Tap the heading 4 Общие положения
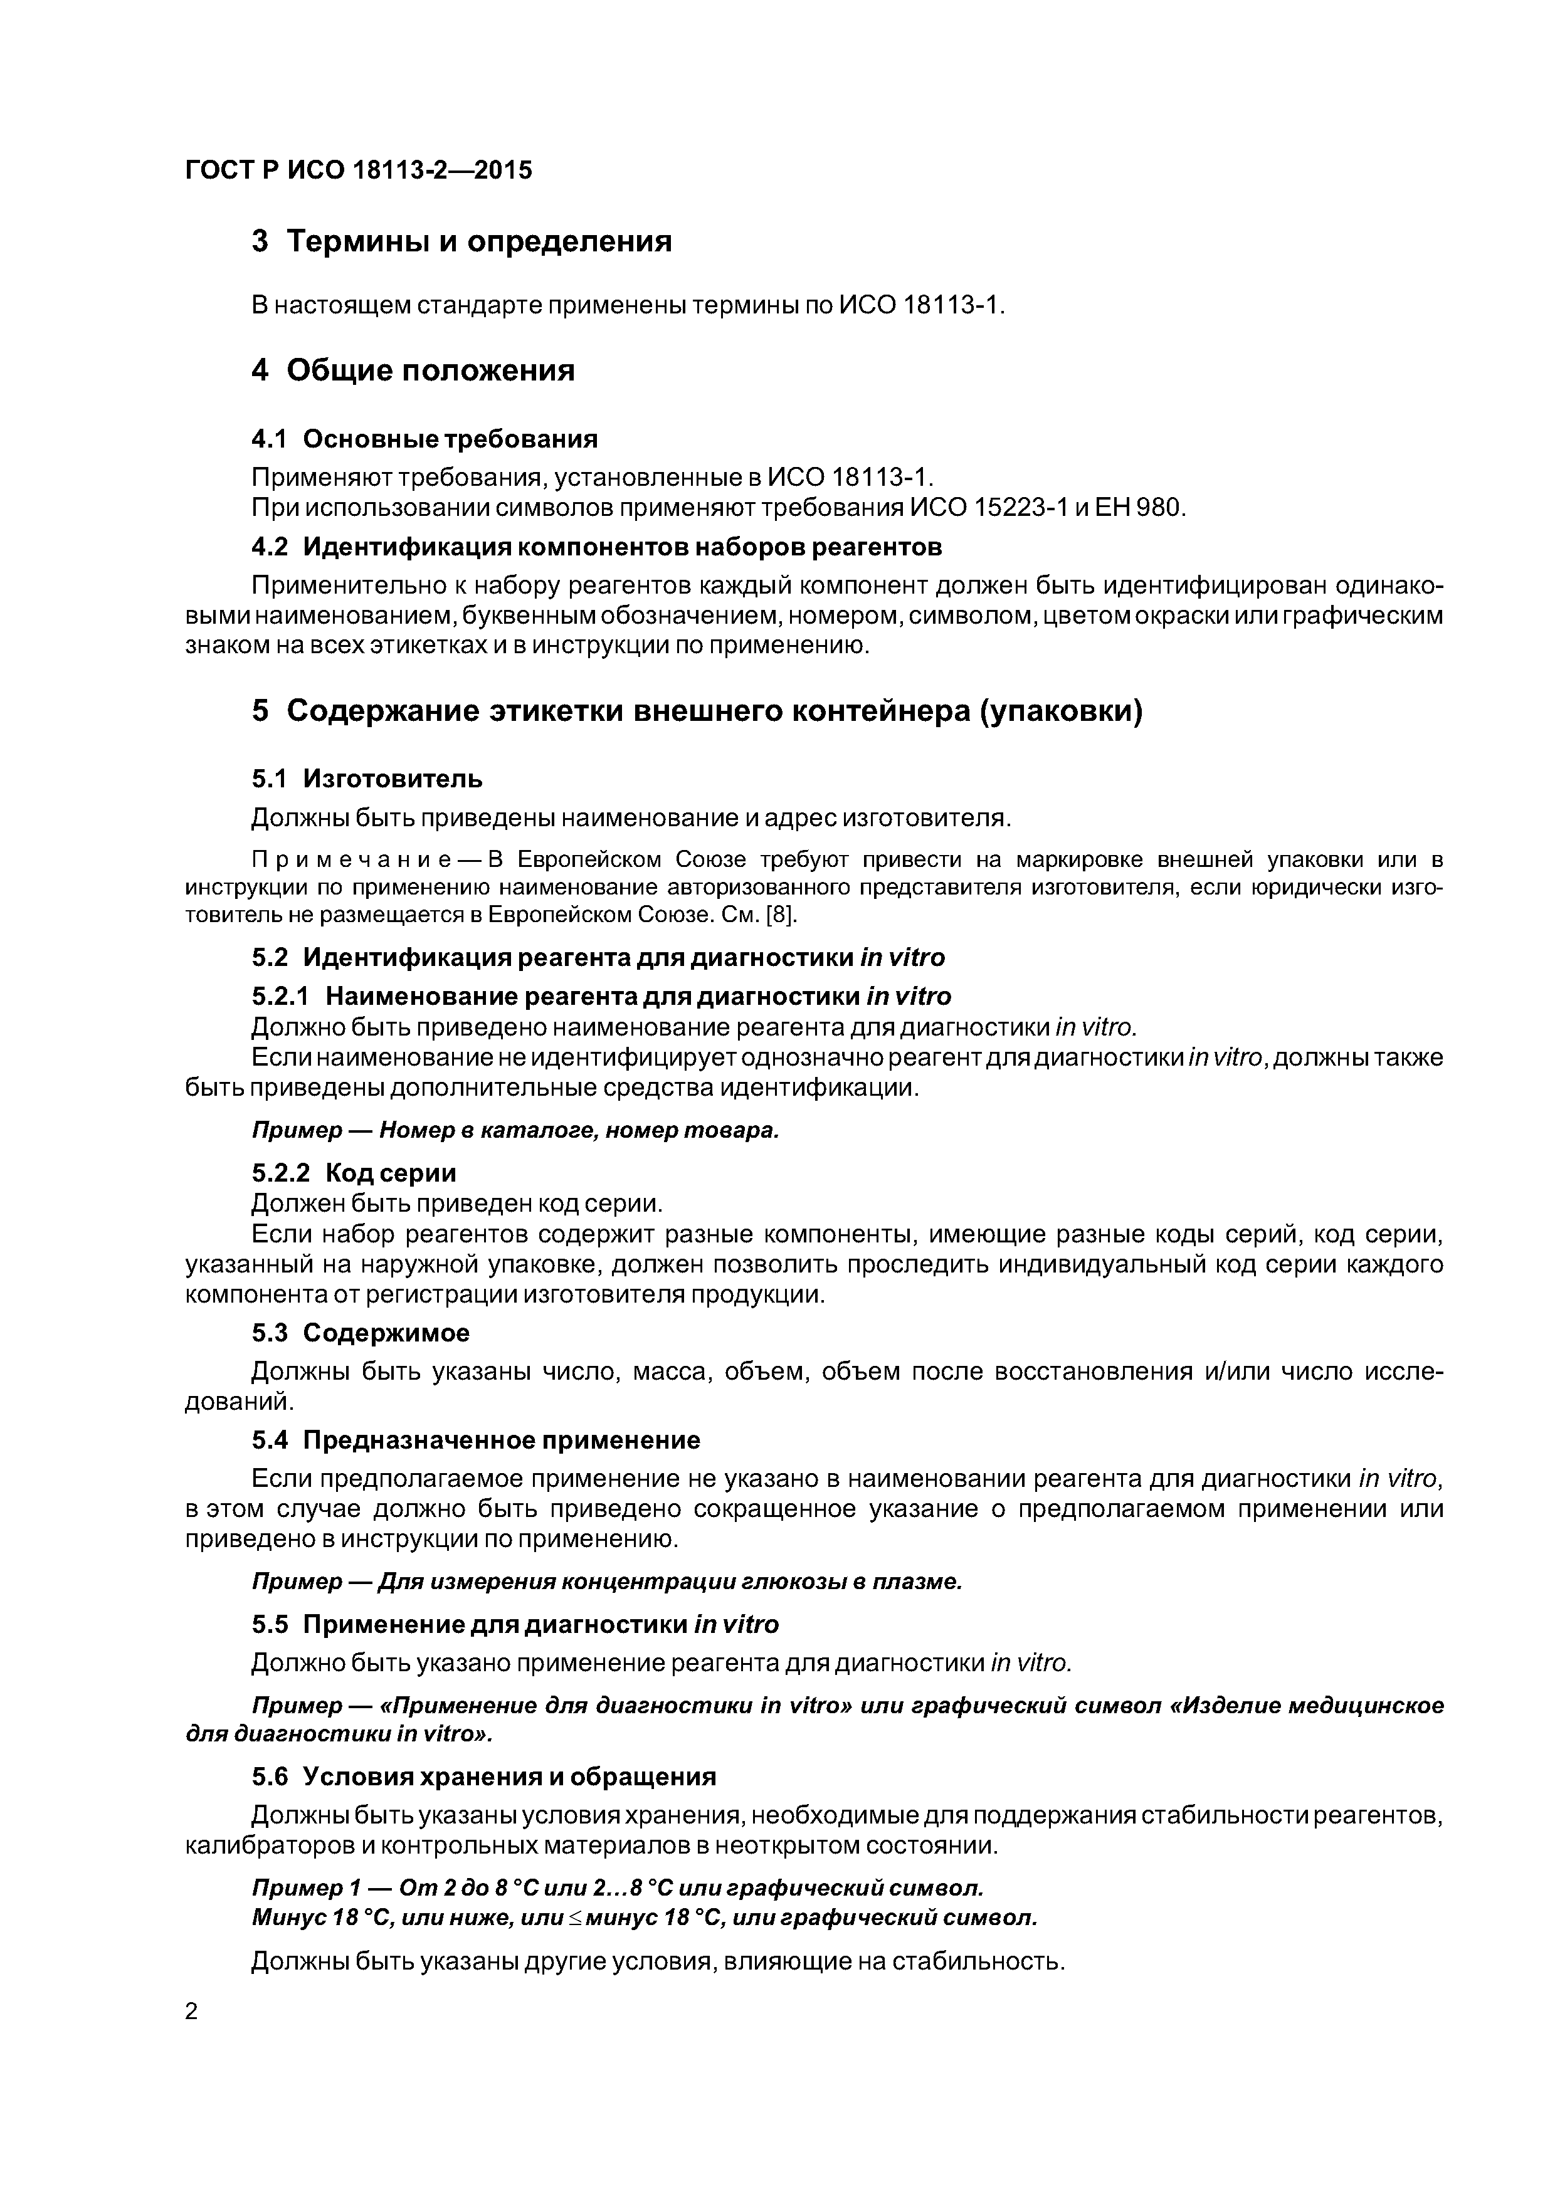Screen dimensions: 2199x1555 click(x=413, y=370)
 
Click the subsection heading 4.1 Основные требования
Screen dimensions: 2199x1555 click(x=424, y=439)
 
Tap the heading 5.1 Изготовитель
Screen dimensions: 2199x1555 click(x=367, y=779)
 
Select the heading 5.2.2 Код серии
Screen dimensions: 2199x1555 click(x=354, y=1173)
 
